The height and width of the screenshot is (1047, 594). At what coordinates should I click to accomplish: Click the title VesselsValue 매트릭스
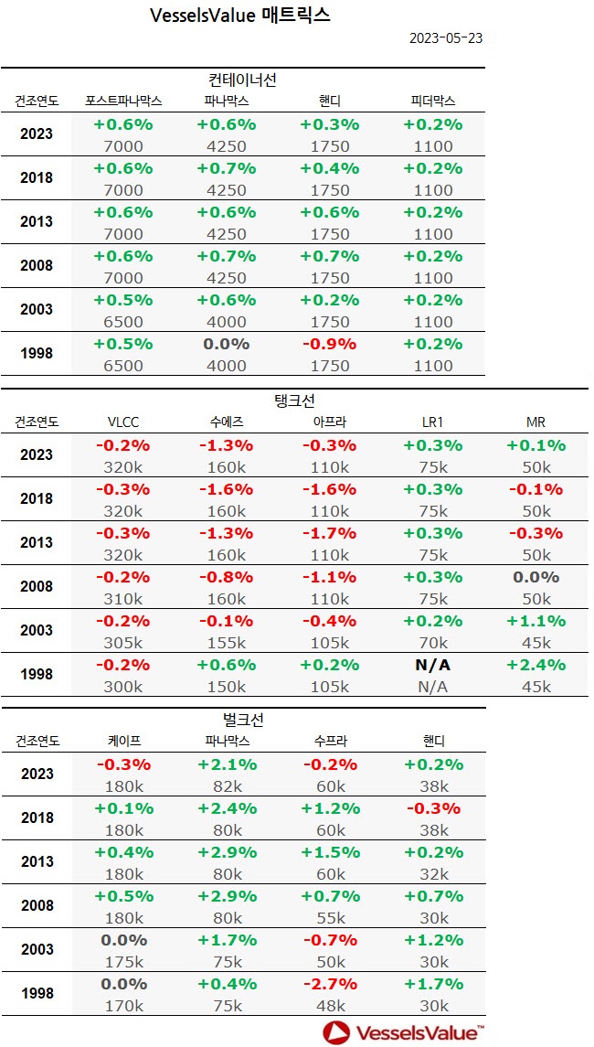(x=239, y=15)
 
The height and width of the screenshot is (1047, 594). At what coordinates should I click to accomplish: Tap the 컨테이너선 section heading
(x=242, y=80)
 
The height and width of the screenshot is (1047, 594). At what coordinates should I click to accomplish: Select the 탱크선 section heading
(x=295, y=401)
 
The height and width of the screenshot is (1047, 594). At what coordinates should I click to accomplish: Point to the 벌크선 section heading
(x=242, y=721)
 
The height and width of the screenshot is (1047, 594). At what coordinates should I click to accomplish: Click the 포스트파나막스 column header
(x=123, y=101)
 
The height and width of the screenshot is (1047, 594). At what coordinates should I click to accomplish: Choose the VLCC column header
(x=123, y=422)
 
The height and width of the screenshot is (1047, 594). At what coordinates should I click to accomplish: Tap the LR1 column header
(x=433, y=422)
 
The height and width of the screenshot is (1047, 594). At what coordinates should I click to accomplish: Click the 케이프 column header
(x=123, y=741)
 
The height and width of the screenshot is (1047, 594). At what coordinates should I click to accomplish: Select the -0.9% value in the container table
(x=330, y=344)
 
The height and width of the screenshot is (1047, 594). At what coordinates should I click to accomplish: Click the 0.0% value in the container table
(x=227, y=344)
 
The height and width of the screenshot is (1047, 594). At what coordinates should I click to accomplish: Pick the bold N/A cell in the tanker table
(x=433, y=665)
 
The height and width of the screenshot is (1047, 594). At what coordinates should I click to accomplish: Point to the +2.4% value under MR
(x=536, y=665)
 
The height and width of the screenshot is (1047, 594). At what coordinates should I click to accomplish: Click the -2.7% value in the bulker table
(x=330, y=984)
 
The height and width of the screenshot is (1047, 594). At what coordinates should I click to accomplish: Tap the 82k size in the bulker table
(x=227, y=786)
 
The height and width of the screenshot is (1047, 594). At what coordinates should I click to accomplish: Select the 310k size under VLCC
(x=123, y=599)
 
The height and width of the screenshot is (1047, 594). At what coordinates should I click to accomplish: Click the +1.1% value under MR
(x=536, y=621)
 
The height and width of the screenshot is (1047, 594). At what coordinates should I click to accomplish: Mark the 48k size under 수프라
(x=330, y=1006)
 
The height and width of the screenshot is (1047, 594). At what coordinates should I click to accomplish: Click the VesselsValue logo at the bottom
(x=403, y=1032)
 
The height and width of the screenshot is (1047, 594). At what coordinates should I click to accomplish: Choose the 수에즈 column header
(x=227, y=422)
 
